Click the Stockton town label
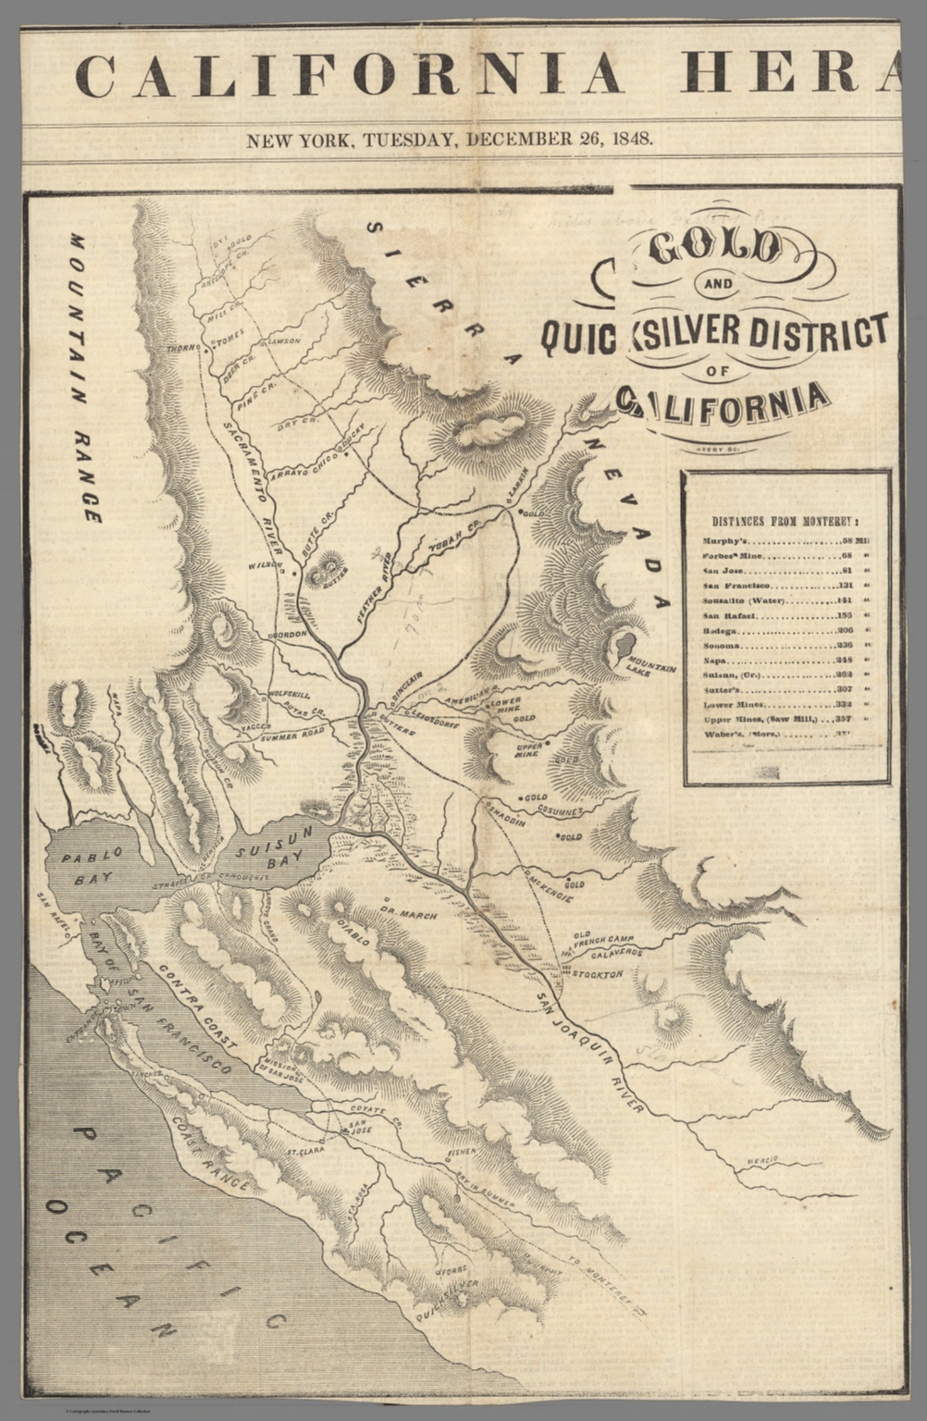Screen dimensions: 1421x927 tap(596, 974)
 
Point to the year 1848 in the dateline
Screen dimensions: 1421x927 tap(628, 141)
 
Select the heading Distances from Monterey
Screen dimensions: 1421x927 tap(785, 521)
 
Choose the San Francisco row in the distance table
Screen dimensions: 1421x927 tap(785, 586)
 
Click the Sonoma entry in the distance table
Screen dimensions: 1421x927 tap(785, 645)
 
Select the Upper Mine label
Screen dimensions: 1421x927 tap(527, 748)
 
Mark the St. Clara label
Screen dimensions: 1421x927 tap(304, 1153)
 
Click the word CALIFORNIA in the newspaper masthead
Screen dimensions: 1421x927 tap(347, 75)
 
